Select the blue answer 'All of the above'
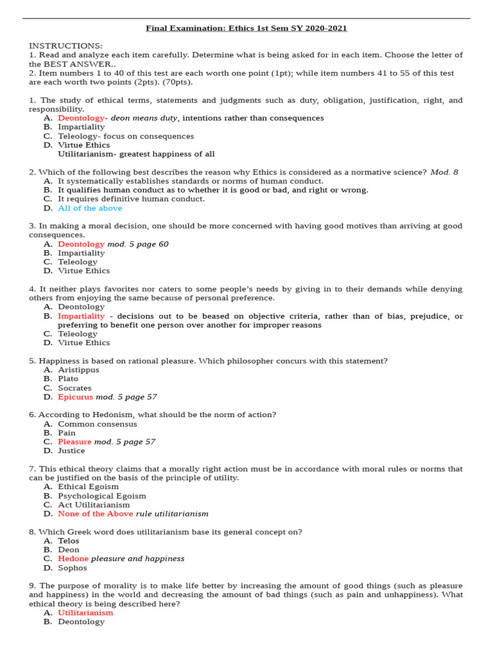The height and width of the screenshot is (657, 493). (90, 208)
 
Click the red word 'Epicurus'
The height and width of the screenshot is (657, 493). (75, 397)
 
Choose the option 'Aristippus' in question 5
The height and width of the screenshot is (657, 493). (78, 370)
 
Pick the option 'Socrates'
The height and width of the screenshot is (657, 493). (74, 388)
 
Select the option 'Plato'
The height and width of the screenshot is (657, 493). (68, 379)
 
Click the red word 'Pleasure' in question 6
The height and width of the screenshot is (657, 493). (74, 442)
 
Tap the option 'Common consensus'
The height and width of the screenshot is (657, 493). (97, 424)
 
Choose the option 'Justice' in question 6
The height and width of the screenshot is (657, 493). (71, 451)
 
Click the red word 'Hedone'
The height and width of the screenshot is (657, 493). (73, 559)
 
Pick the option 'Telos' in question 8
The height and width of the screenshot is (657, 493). (69, 541)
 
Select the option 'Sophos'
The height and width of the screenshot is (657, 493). (73, 568)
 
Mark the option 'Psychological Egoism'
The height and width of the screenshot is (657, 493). (102, 496)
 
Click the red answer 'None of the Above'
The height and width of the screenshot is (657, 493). (96, 514)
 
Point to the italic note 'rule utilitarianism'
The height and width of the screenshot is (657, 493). (172, 514)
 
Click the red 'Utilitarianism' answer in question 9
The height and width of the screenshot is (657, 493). (85, 613)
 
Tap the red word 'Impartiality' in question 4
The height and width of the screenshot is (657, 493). (81, 316)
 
